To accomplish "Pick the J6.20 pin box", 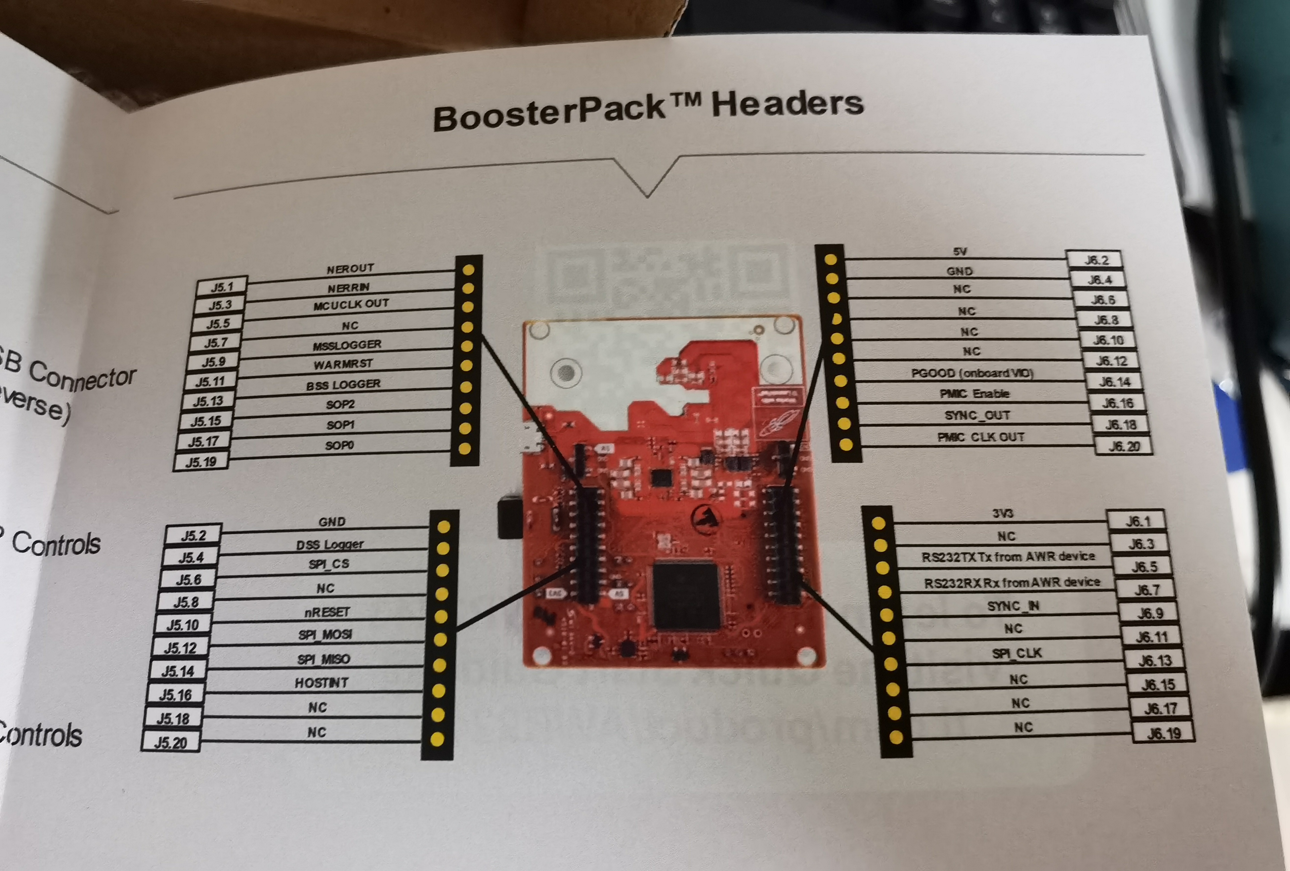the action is point(1123,446).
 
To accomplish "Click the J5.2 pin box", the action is point(193,535).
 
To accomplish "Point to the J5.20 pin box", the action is point(170,742).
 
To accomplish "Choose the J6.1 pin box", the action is point(1137,521).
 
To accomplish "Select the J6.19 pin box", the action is point(1163,733).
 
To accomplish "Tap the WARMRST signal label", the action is point(343,364).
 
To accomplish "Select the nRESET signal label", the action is point(327,612).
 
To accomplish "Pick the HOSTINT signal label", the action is point(321,683).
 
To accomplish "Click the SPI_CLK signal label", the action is point(1016,653).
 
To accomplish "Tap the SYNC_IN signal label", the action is point(1013,606).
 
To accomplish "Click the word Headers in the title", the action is point(787,104).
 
